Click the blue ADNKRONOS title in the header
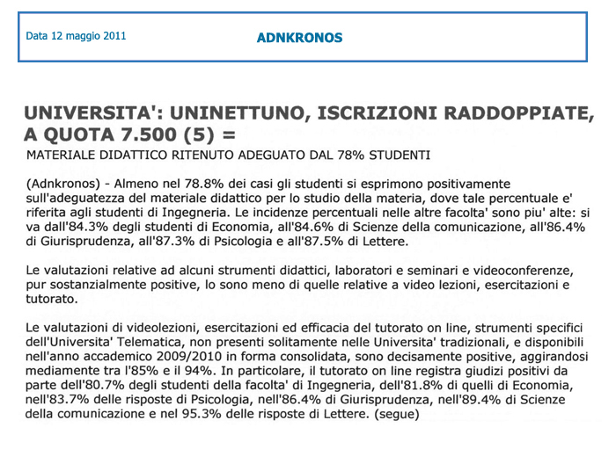299,38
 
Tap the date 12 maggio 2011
75,37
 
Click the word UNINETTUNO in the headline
246,114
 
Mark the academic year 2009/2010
173,356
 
